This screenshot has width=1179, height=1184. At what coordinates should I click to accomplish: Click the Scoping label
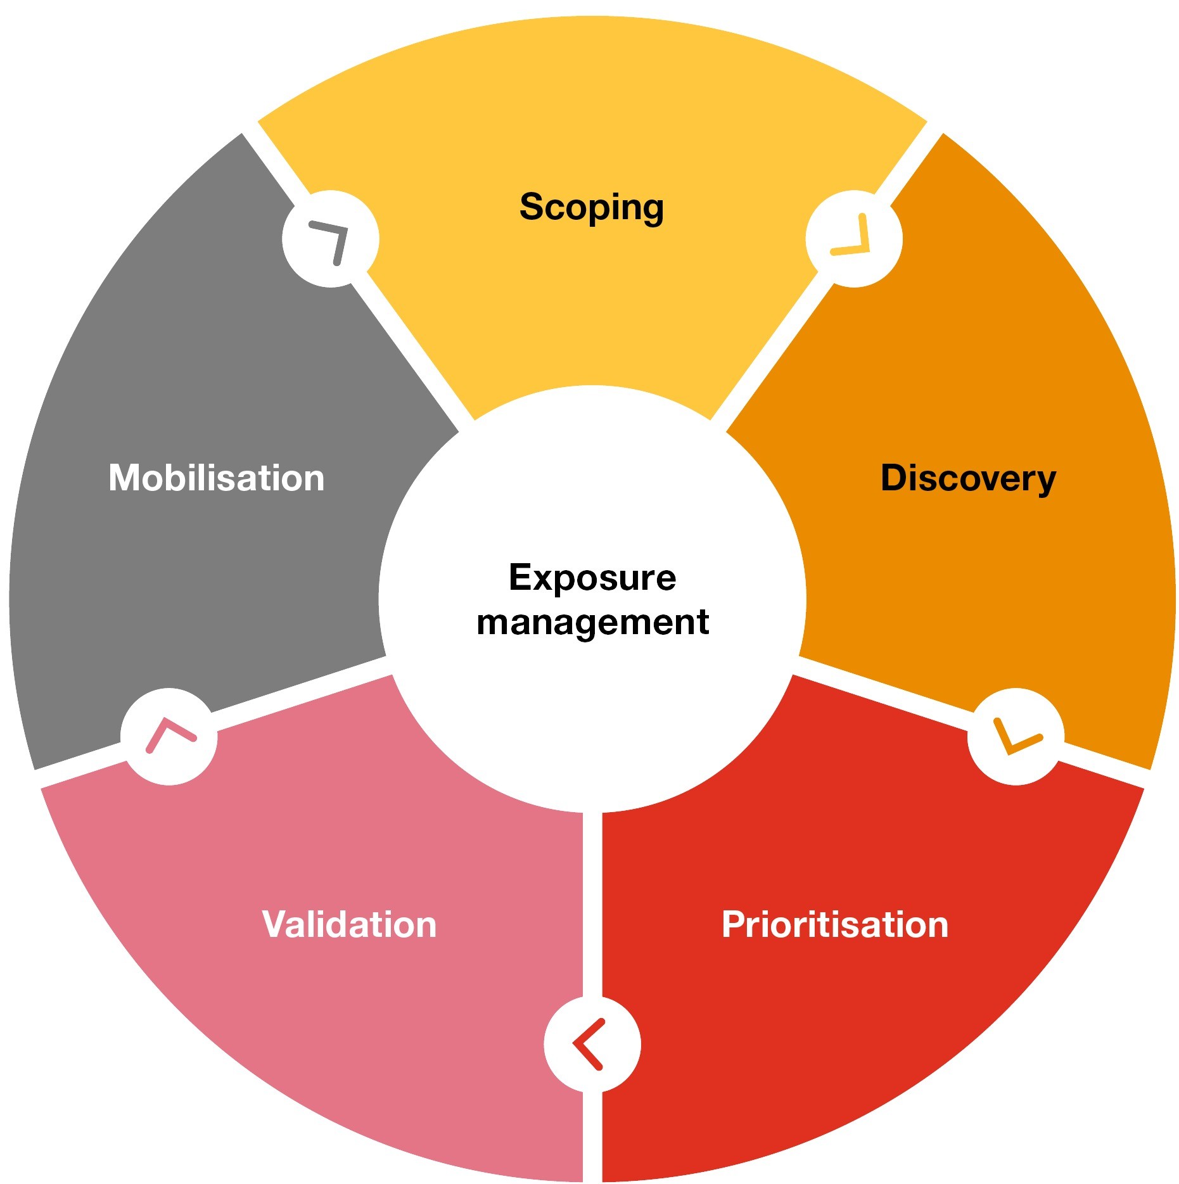click(591, 207)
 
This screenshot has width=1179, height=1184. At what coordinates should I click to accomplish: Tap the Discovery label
click(967, 478)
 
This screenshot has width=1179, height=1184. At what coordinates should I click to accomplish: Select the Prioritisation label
click(834, 924)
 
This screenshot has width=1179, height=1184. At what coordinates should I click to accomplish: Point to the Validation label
click(349, 924)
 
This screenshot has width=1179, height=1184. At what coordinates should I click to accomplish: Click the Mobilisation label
click(216, 478)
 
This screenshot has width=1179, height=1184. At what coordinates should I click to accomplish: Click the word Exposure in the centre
click(592, 577)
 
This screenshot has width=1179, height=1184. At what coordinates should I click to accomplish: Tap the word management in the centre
click(592, 622)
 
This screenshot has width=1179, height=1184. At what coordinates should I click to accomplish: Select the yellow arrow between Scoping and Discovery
click(853, 238)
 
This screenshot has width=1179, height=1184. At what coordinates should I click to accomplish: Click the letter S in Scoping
click(532, 207)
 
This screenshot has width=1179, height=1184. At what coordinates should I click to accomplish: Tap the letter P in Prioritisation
click(734, 924)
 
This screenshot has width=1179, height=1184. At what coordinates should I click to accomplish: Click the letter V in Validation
click(276, 924)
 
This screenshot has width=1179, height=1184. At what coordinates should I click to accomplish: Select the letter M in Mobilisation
click(125, 478)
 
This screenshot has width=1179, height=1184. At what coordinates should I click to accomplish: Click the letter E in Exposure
click(521, 577)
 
